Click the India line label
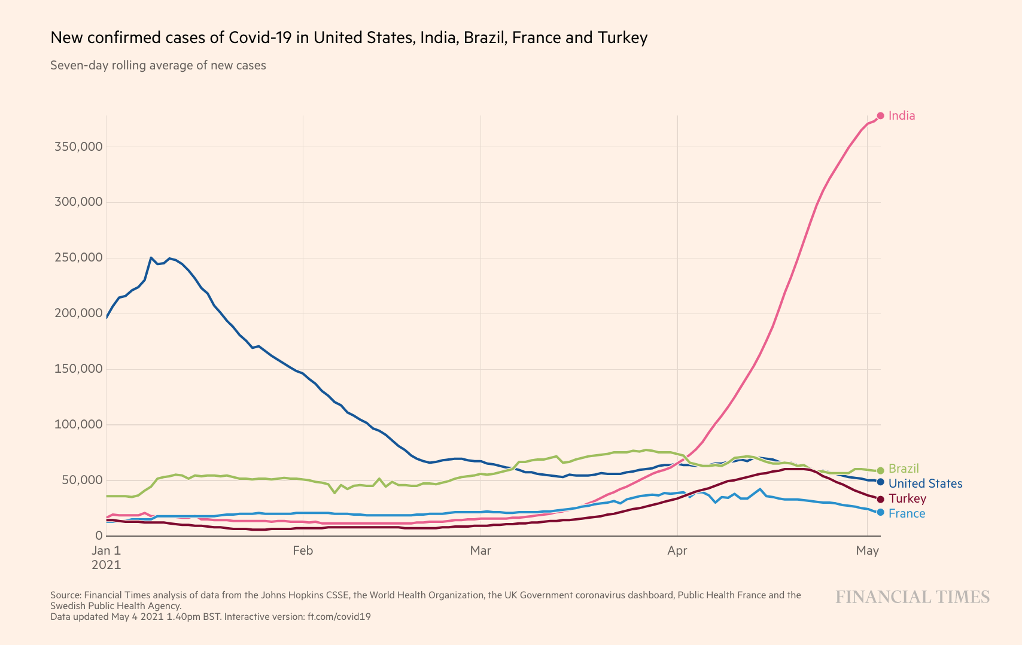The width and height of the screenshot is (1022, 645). (901, 115)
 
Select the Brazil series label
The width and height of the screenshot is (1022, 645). (903, 468)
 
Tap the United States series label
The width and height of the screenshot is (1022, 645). (925, 483)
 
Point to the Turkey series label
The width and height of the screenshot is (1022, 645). (907, 498)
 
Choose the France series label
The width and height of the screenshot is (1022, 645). (907, 513)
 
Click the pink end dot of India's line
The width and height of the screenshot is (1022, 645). (880, 115)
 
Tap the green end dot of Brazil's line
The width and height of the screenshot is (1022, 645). (880, 471)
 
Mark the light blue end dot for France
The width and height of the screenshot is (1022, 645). (880, 512)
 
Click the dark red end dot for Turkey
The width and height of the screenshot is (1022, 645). (880, 499)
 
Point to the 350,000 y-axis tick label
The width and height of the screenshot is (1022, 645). (78, 147)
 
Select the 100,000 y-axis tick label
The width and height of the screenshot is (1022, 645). (78, 424)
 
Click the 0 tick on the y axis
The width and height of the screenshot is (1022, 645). (99, 536)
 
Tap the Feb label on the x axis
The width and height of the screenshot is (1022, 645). (303, 550)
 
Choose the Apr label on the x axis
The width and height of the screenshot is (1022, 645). (677, 550)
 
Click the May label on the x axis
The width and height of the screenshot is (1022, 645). (867, 550)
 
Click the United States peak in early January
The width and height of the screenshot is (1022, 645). (151, 258)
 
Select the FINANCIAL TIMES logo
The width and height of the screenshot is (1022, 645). (912, 597)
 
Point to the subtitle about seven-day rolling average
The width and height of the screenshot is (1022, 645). (158, 65)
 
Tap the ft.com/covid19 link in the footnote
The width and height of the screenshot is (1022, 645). (339, 616)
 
